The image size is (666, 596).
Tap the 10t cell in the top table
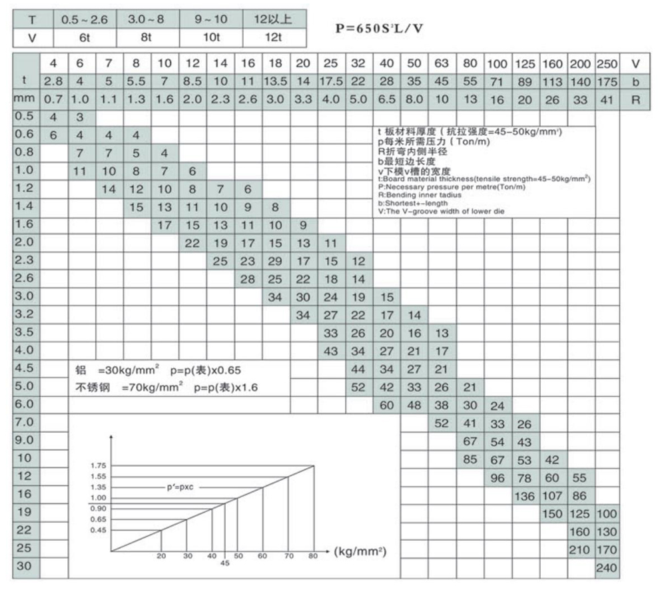tap(211, 38)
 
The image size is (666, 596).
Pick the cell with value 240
tap(607, 568)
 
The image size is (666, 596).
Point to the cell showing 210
tap(580, 550)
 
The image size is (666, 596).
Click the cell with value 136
tap(525, 495)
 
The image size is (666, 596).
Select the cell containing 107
tap(553, 495)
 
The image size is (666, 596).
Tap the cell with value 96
tap(497, 477)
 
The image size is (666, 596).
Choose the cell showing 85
tap(470, 459)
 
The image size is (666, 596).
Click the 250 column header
tap(607, 64)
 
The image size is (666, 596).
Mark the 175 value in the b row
tap(607, 81)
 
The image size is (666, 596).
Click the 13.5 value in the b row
tap(275, 81)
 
